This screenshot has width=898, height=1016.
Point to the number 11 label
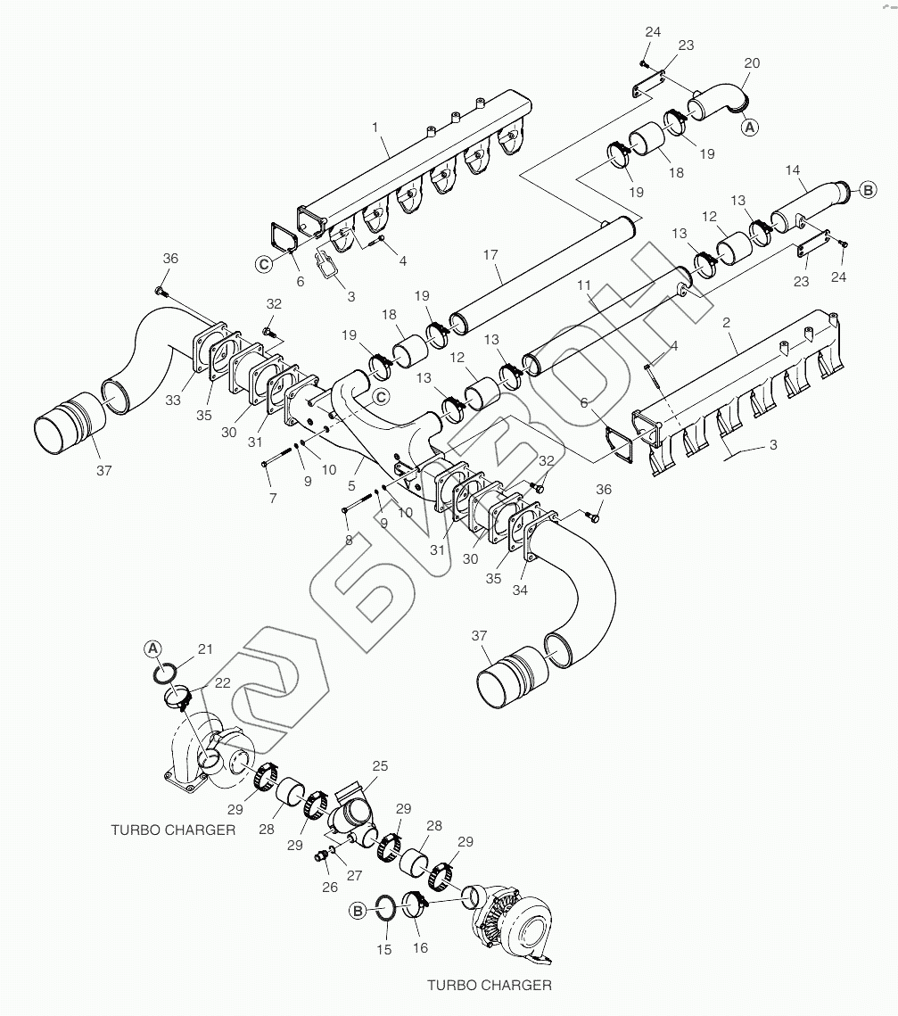[x=584, y=285]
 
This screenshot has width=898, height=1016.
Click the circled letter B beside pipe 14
[x=869, y=189]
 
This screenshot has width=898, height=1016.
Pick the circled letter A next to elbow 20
[x=750, y=128]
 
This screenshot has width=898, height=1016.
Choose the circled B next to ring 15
[x=358, y=911]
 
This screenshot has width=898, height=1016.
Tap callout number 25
[x=380, y=766]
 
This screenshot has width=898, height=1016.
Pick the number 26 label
[x=330, y=887]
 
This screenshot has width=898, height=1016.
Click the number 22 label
[x=222, y=682]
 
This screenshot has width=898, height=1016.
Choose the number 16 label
[x=420, y=948]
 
